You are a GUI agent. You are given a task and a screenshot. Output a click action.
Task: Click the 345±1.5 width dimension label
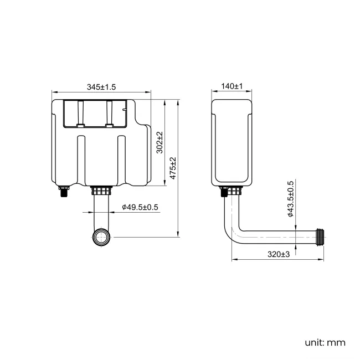pos(101,86)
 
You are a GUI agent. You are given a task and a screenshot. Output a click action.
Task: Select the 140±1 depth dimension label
pos(232,86)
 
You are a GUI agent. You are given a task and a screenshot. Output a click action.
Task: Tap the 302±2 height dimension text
pos(160,142)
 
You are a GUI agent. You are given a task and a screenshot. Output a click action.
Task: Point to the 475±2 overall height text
pos(173,168)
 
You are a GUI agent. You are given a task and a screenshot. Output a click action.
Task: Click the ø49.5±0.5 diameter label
pos(140,207)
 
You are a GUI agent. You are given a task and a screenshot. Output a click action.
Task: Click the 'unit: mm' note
pos(325,342)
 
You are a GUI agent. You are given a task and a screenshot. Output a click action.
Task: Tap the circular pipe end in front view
pos(101,238)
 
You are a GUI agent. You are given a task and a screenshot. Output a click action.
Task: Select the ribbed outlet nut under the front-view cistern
pos(101,191)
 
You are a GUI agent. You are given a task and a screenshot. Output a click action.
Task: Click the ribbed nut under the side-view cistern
pos(232,192)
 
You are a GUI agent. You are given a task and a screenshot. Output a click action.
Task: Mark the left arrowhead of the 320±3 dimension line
pos(232,260)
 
